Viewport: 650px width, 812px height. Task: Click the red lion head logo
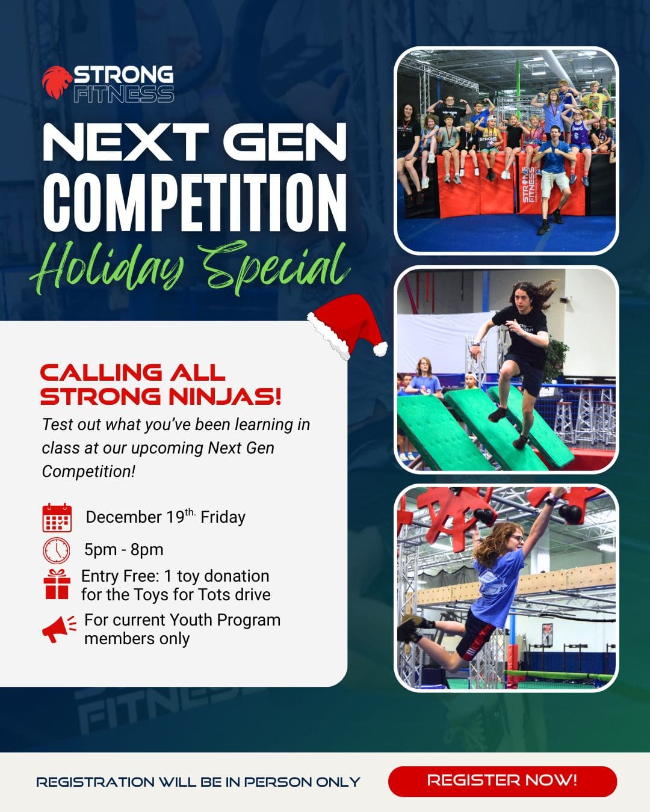pyautogui.click(x=57, y=82)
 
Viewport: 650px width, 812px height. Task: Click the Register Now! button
pyautogui.click(x=502, y=781)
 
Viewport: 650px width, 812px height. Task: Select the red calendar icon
pyautogui.click(x=57, y=517)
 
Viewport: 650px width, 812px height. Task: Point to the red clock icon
pyautogui.click(x=57, y=550)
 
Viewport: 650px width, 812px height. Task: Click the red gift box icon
pyautogui.click(x=57, y=584)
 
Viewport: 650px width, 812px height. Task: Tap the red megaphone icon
pyautogui.click(x=58, y=628)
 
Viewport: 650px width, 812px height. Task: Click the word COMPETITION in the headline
pyautogui.click(x=195, y=202)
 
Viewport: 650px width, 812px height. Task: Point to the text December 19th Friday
pyautogui.click(x=166, y=517)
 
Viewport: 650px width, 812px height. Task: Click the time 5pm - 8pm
pyautogui.click(x=124, y=550)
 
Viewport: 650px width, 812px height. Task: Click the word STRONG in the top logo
pyautogui.click(x=123, y=75)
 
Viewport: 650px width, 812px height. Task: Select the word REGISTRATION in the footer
pyautogui.click(x=95, y=782)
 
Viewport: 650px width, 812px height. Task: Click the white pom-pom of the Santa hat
pyautogui.click(x=380, y=349)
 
